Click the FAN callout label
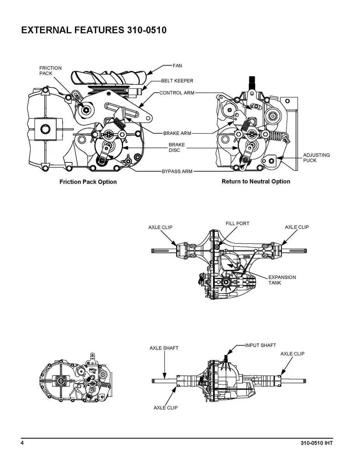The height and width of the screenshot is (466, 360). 177,66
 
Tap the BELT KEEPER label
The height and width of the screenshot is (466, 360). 177,81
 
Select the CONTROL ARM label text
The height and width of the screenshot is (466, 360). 177,93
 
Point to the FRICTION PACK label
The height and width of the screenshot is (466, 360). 50,71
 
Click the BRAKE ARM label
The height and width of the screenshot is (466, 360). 177,133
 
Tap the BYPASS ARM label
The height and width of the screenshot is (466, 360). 177,171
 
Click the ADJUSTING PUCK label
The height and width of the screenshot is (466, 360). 317,158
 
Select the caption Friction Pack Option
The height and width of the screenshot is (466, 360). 88,182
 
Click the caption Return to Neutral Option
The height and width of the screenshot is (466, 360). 256,181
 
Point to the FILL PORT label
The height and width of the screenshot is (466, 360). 237,224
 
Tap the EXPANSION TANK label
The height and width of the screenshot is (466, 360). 282,280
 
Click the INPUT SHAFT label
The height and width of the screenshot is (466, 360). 261,345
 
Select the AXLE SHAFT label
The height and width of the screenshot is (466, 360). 164,348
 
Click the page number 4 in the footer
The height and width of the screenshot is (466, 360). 23,443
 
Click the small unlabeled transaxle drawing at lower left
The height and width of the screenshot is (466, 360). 78,377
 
